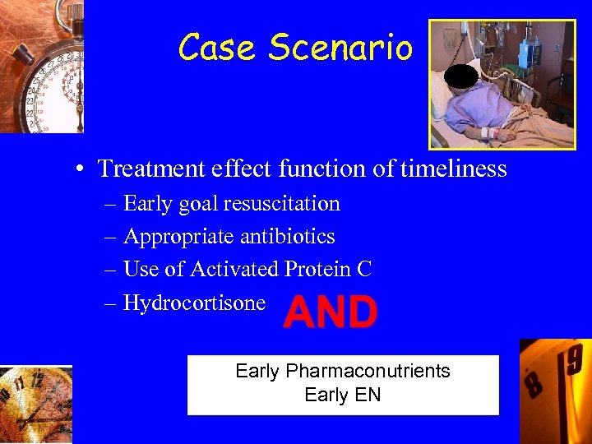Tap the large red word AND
tap(331, 313)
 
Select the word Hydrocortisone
tap(194, 303)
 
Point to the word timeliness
tap(456, 169)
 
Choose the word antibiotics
tap(287, 237)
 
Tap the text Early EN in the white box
tap(342, 395)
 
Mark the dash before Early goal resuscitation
tap(110, 204)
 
